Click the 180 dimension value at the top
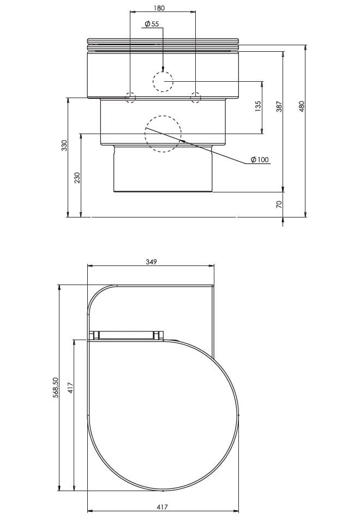tap(159, 8)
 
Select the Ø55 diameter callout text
tap(151, 24)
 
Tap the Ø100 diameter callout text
tap(260, 160)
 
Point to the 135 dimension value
tap(258, 105)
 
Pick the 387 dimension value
tap(279, 107)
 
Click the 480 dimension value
tap(301, 107)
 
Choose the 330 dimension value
tap(64, 146)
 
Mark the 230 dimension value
tap(77, 178)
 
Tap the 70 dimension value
tap(279, 204)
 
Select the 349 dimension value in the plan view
tap(151, 262)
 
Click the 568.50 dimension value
tap(56, 388)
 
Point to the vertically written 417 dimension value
tap(70, 388)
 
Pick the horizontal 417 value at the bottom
tap(162, 507)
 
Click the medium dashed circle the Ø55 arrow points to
tap(163, 82)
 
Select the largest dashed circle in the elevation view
tap(163, 134)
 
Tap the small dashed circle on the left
tap(131, 98)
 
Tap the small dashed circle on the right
tap(195, 98)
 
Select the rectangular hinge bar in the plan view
tap(127, 335)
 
